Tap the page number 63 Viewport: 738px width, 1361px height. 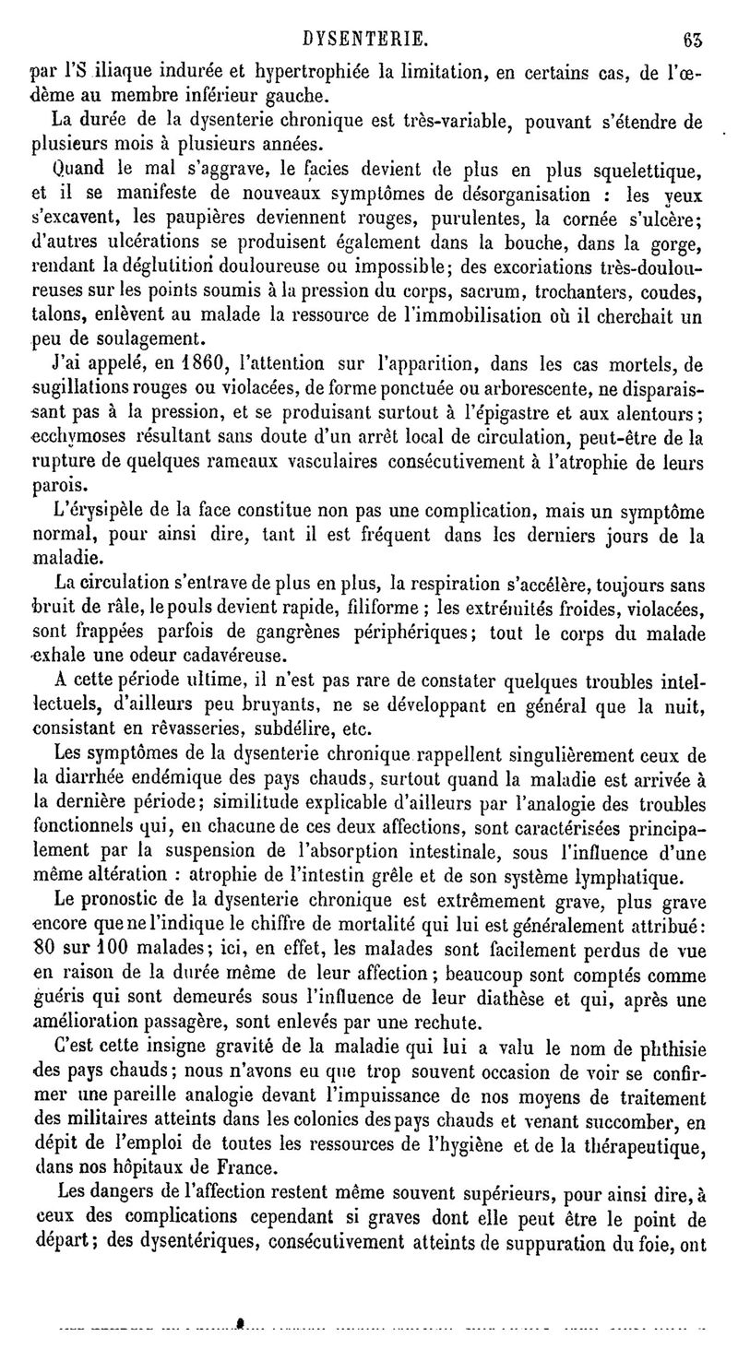point(692,38)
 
